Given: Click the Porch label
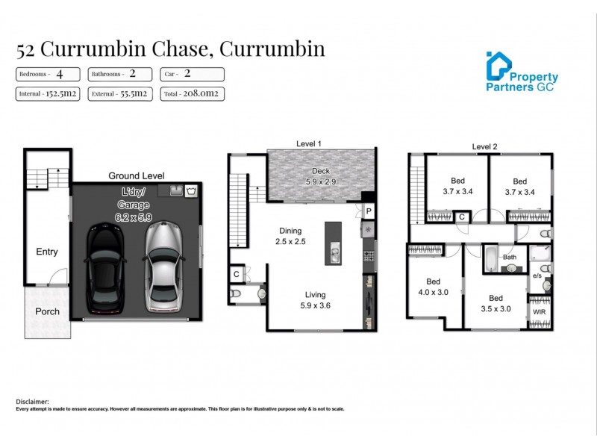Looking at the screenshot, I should coord(47,311).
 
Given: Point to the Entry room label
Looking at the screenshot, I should coord(47,252).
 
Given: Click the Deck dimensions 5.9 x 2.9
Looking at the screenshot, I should coord(321,181).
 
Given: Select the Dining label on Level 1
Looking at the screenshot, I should coord(290,231).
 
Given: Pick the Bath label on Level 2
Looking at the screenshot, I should coord(510,258).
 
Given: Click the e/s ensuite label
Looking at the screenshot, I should coord(537,276).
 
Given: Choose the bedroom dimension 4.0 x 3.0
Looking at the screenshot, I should coord(434,292).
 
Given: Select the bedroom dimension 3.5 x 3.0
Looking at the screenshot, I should coord(496,308).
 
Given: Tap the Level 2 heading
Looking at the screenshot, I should coord(485,146).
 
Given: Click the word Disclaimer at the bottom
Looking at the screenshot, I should coord(32,401).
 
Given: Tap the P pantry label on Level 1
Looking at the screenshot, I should coord(369,212).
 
